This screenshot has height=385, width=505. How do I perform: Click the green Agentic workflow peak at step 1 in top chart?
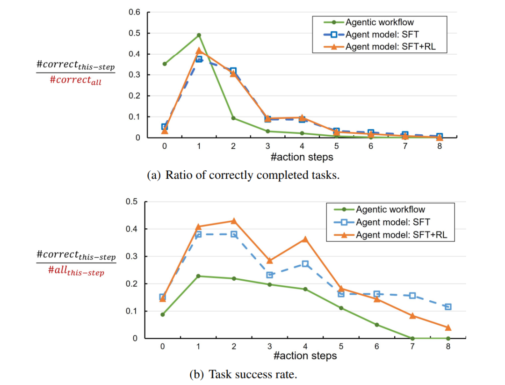pos(199,35)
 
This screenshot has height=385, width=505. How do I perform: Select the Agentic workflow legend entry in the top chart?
pos(379,22)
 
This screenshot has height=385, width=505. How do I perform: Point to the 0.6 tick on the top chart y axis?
pos(134,12)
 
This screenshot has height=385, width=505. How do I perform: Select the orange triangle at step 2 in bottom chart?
pos(234,221)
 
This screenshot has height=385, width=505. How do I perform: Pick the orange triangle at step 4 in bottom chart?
pos(305,239)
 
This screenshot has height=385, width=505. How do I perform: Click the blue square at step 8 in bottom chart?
pos(448,307)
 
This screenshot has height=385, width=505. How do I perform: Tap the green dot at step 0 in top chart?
pos(165,64)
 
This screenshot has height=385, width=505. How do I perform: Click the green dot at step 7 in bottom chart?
pos(412,338)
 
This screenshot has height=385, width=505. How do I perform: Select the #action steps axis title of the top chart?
pos(302,157)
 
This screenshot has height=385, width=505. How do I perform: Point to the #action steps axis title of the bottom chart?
pos(305,356)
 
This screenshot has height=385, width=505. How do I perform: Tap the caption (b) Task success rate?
pos(243,374)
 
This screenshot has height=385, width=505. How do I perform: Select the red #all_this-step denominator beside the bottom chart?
pos(76,272)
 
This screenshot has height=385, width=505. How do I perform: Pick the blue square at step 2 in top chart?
pos(233,71)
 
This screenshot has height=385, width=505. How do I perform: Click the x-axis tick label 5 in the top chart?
pos(337,146)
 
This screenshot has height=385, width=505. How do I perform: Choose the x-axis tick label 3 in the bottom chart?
pos(269,347)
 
